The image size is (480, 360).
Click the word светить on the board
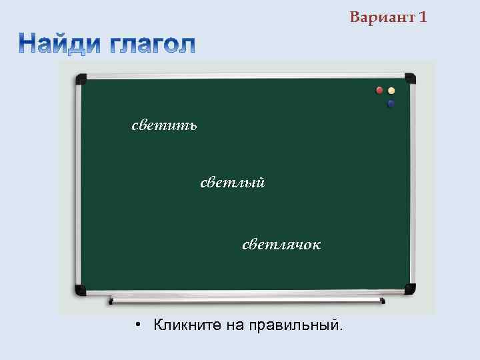pyautogui.click(x=164, y=125)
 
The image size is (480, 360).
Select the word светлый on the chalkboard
pyautogui.click(x=233, y=182)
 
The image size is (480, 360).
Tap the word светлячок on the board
pyautogui.click(x=281, y=245)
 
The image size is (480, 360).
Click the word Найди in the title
pyautogui.click(x=59, y=44)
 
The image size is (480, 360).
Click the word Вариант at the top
pyautogui.click(x=383, y=17)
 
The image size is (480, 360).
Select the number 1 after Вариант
pyautogui.click(x=423, y=17)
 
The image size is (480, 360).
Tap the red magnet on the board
pyautogui.click(x=379, y=90)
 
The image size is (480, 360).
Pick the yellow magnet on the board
pyautogui.click(x=391, y=90)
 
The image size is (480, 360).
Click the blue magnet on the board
pyautogui.click(x=391, y=103)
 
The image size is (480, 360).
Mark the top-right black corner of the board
pyautogui.click(x=409, y=79)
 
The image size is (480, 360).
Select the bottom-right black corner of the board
pyautogui.click(x=409, y=289)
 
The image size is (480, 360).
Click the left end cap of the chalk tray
pyautogui.click(x=111, y=301)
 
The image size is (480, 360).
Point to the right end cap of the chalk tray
pyautogui.click(x=383, y=301)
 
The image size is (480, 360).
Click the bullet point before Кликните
pyautogui.click(x=135, y=325)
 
